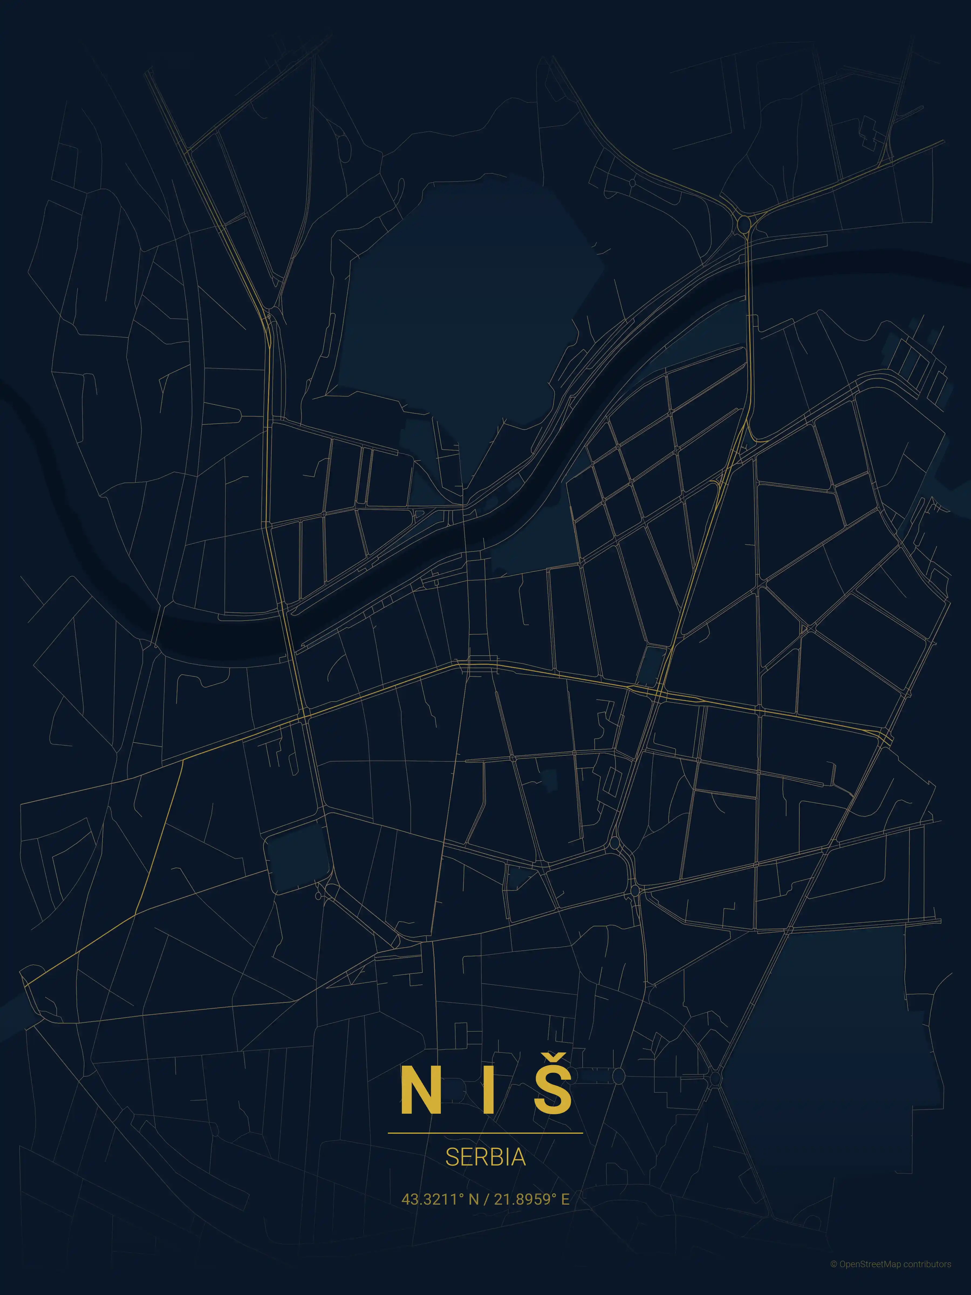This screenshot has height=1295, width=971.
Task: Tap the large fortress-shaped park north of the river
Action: (x=462, y=304)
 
